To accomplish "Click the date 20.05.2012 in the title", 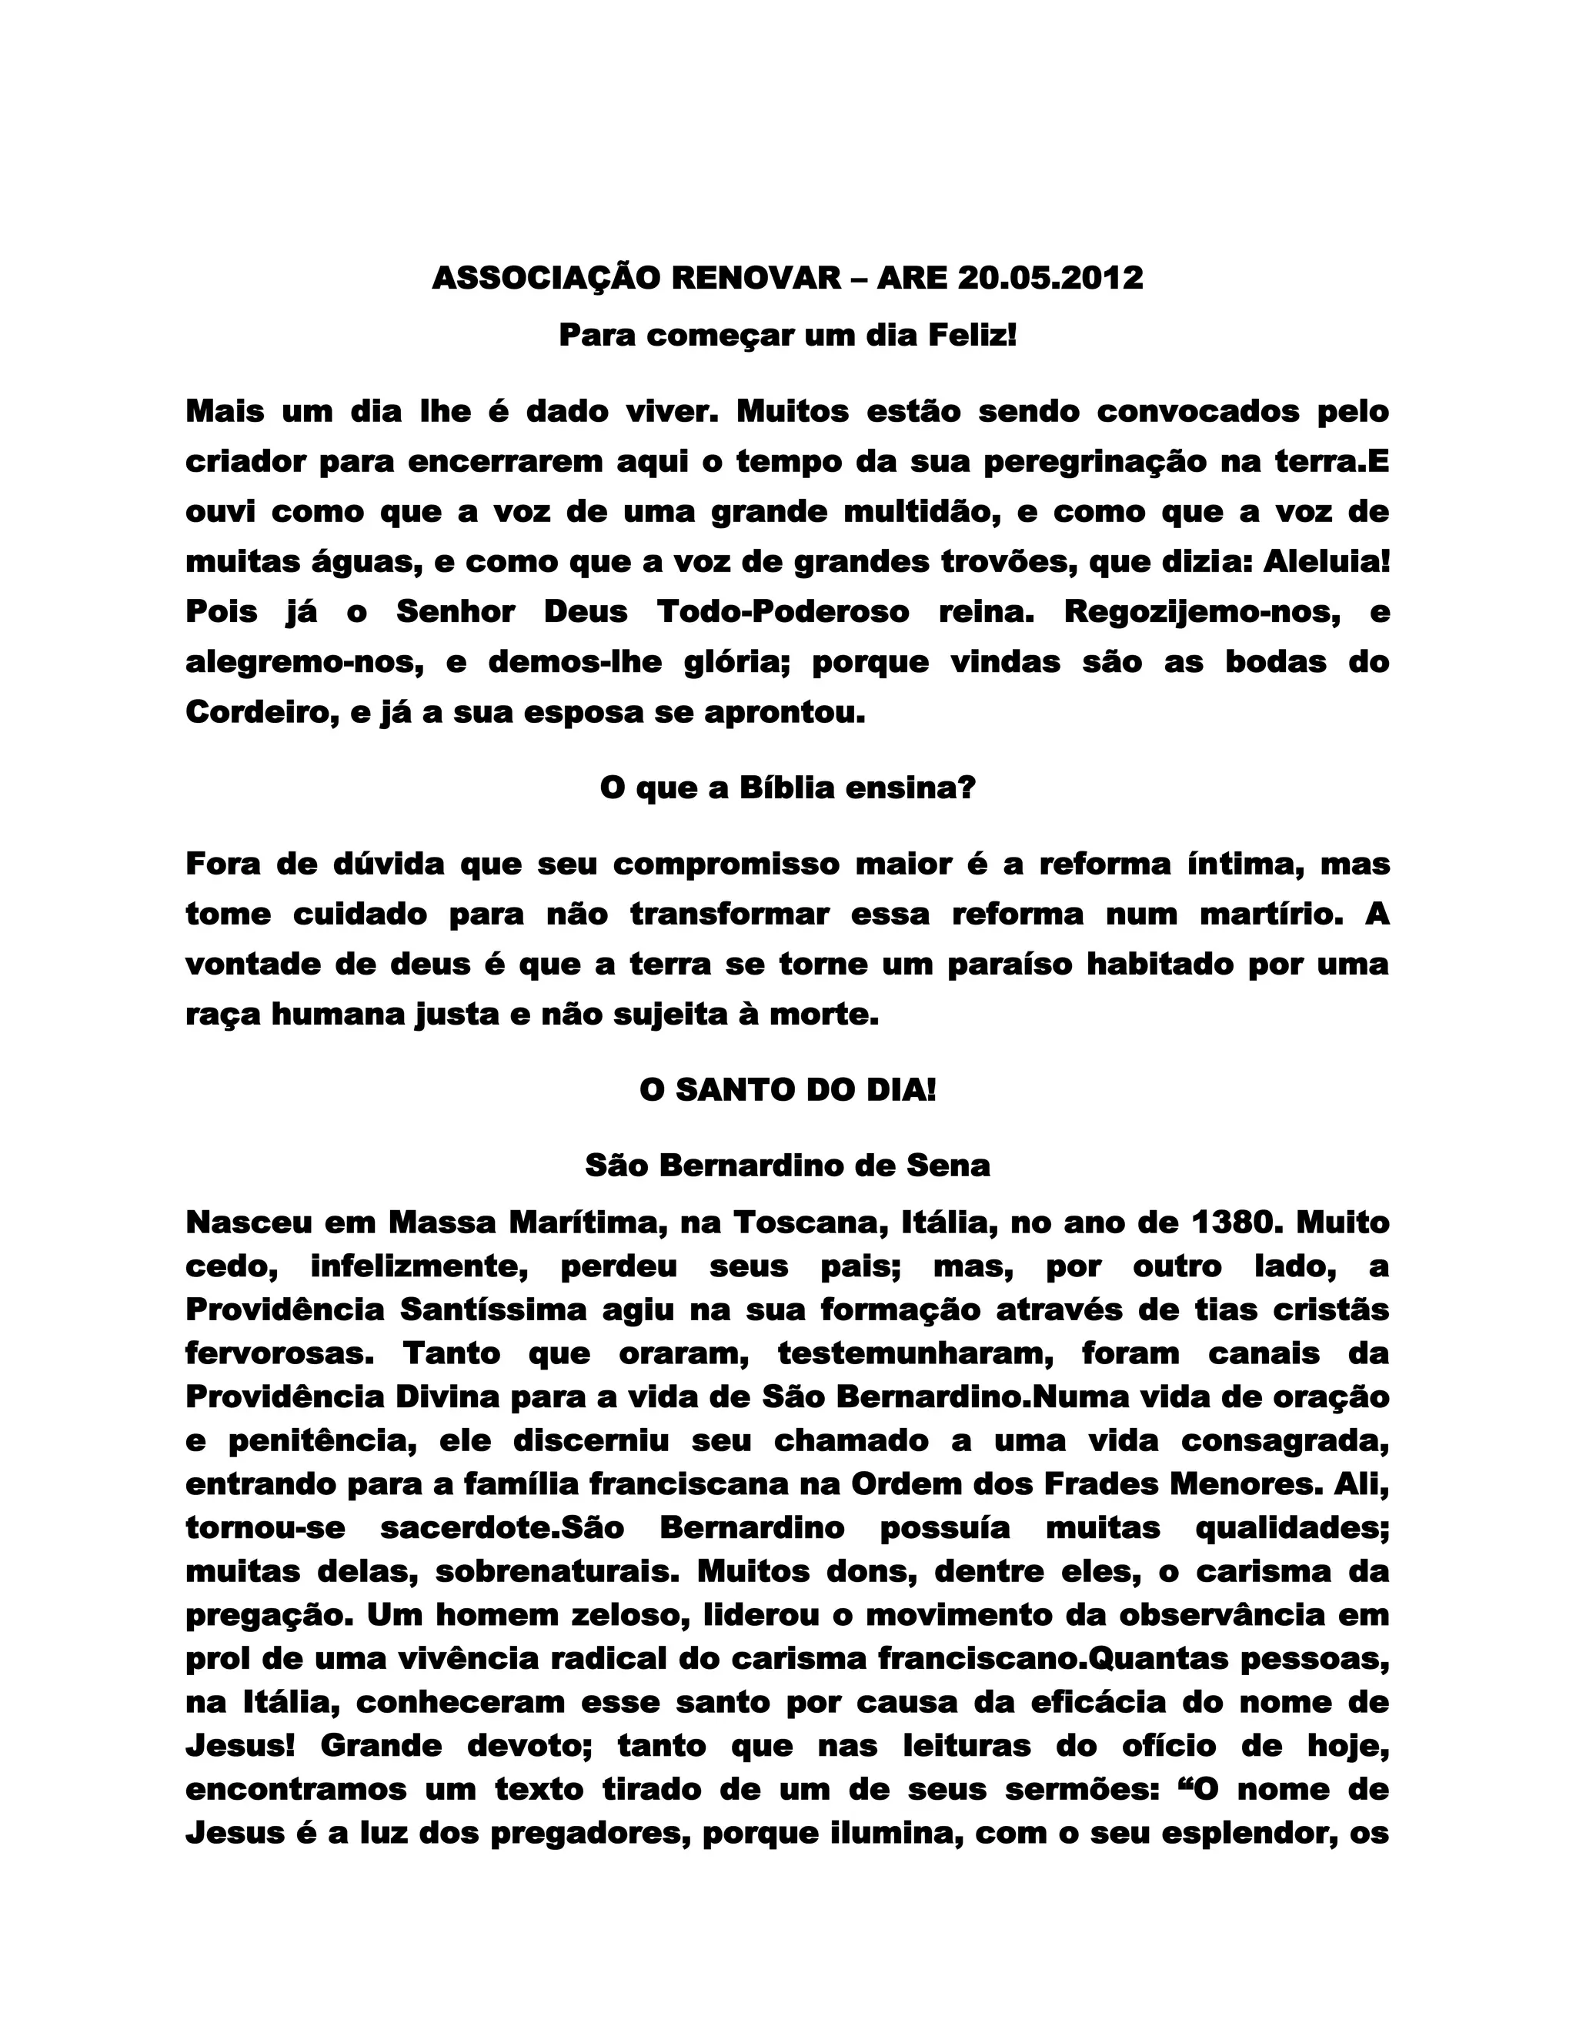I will [1050, 279].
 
